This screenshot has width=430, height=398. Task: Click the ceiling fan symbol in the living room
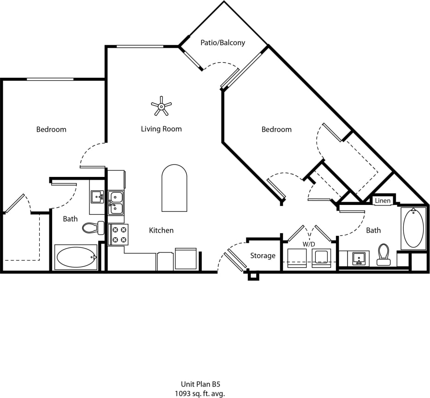click(161, 106)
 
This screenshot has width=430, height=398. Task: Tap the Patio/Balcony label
click(223, 43)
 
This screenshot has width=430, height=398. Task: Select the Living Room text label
click(161, 129)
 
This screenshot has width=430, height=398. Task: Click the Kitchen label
click(161, 230)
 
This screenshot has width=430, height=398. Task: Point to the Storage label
click(263, 256)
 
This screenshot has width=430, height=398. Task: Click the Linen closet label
click(383, 201)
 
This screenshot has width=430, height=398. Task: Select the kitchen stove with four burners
click(118, 234)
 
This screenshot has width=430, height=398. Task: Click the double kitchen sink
click(116, 203)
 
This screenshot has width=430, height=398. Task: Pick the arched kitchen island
click(174, 188)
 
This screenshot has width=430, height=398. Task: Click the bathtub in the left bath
click(76, 257)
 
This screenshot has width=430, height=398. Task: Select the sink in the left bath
click(97, 197)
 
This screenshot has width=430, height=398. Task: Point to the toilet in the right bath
click(383, 255)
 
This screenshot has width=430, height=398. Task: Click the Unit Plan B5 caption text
click(200, 384)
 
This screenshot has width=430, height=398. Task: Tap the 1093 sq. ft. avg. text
click(200, 393)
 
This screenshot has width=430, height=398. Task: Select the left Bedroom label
click(51, 129)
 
